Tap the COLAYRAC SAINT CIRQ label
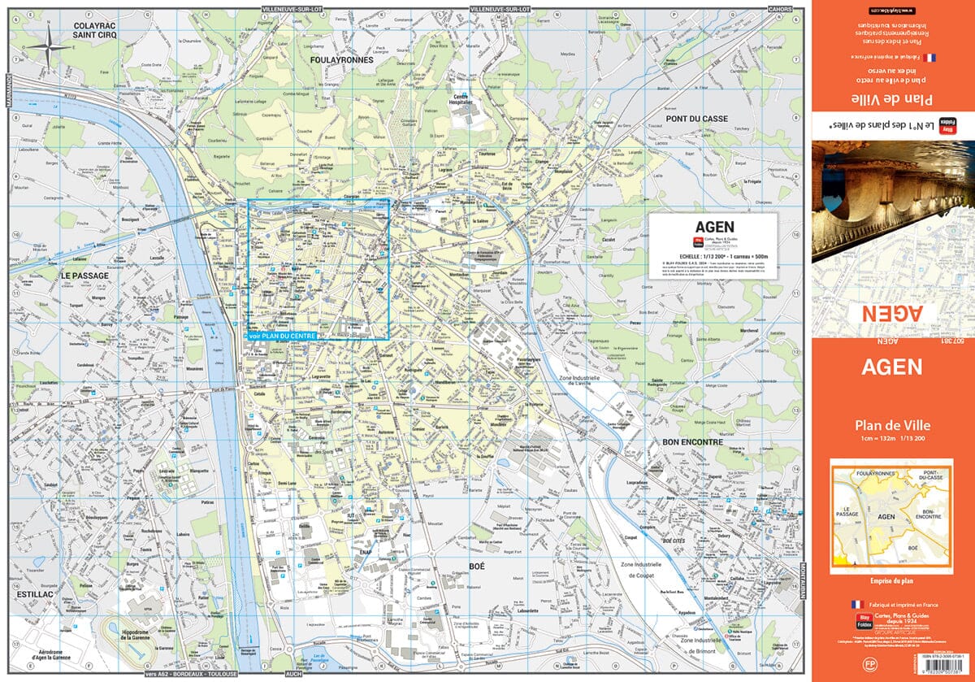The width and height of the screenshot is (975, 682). [x=96, y=30]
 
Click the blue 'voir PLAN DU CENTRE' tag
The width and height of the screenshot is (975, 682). [x=282, y=335]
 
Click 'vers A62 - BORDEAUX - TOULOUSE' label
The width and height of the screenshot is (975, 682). [x=190, y=674]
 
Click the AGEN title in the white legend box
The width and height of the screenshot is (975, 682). [x=715, y=228]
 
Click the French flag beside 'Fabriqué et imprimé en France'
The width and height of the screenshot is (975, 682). [x=856, y=605]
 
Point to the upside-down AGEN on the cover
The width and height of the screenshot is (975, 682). [x=892, y=313]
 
